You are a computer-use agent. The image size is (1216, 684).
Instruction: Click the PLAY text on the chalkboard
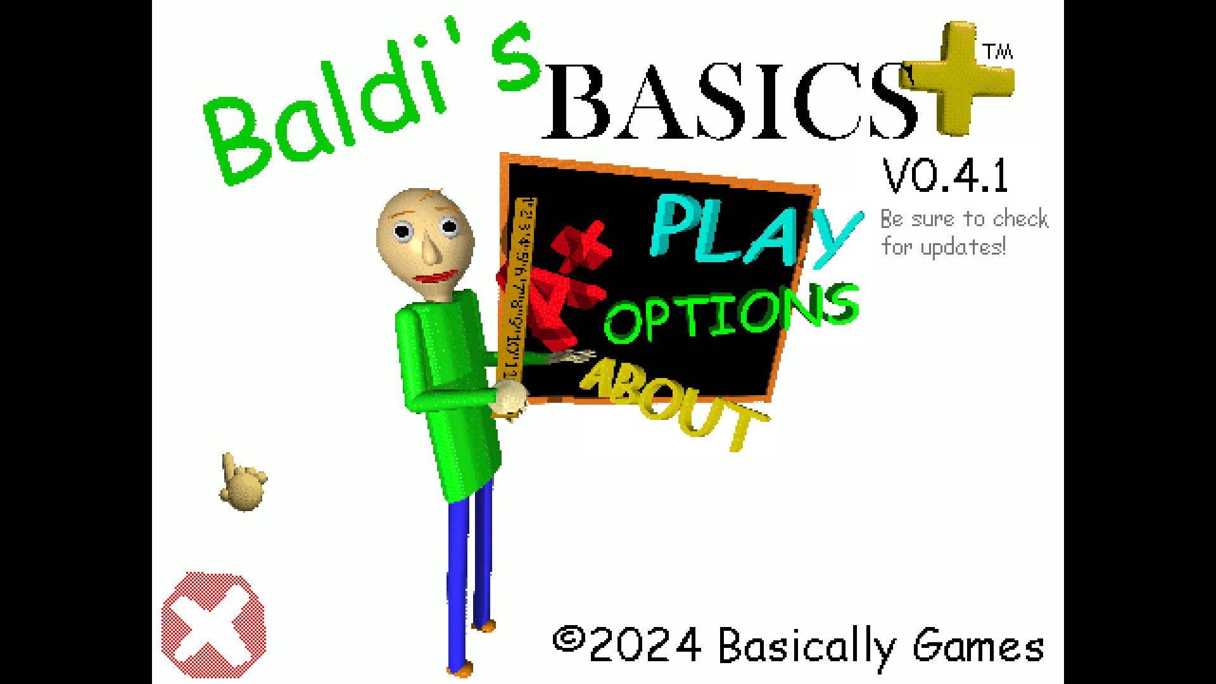tap(754, 231)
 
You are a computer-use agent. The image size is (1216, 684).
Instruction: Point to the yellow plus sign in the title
tap(958, 79)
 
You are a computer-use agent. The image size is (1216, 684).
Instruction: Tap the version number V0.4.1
tap(945, 176)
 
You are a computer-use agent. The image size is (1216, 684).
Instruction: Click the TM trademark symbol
tap(997, 51)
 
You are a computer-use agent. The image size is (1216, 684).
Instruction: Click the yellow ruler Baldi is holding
tap(516, 291)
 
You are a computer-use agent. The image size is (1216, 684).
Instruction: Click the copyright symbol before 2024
tap(568, 639)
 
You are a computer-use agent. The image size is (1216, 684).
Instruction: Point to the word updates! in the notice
tap(963, 248)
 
